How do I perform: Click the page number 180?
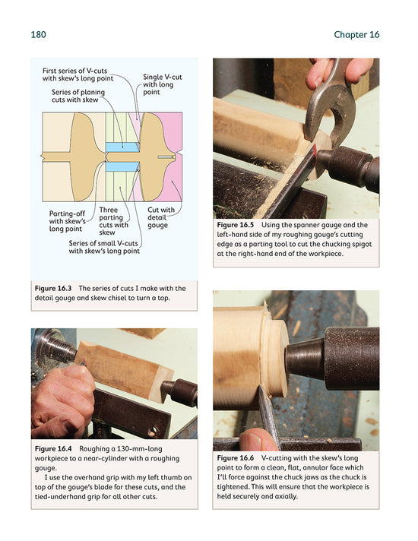40,34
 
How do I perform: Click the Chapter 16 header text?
356,34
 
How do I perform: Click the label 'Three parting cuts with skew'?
114,220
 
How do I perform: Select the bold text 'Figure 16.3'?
55,289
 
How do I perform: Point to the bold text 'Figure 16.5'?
238,226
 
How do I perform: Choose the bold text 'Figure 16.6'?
238,459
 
